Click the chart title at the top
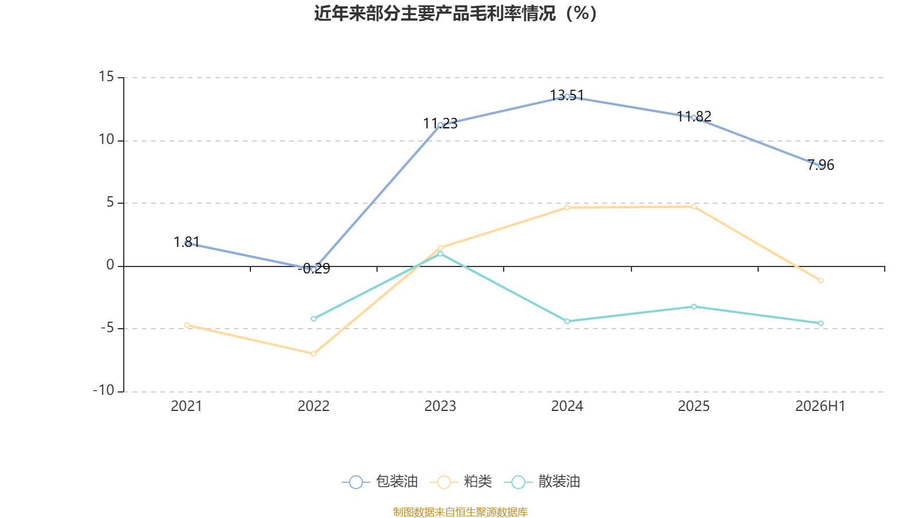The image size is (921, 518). [x=455, y=14]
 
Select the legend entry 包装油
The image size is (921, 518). [x=379, y=481]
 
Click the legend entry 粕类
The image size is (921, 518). [x=461, y=481]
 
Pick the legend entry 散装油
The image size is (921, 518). [x=542, y=481]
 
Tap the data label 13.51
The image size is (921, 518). [x=567, y=96]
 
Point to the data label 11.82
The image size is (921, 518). [x=694, y=116]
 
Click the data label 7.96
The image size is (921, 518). [x=821, y=165]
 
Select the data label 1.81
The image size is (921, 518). [x=187, y=242]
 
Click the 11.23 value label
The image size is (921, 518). [x=440, y=123]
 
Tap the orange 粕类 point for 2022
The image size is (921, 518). [x=314, y=353]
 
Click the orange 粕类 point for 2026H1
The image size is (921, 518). [x=821, y=281]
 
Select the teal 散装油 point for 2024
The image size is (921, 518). [x=568, y=322]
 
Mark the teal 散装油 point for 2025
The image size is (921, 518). [x=694, y=307]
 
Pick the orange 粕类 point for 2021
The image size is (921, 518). [x=187, y=325]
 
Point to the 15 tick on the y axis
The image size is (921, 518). [x=106, y=77]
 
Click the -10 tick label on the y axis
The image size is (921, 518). [x=104, y=391]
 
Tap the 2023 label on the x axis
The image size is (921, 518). [x=440, y=406]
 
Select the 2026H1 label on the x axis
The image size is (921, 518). [x=820, y=406]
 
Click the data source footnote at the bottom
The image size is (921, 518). [x=460, y=512]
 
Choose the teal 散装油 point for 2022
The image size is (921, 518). [x=314, y=319]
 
